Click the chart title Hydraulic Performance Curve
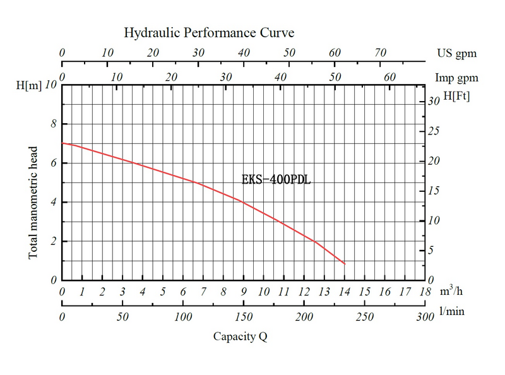click(x=209, y=32)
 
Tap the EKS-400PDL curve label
click(x=276, y=179)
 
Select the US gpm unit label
click(x=458, y=54)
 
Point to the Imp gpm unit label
click(x=456, y=78)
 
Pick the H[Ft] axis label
click(x=456, y=97)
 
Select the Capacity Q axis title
click(x=239, y=336)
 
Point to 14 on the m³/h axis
click(x=345, y=292)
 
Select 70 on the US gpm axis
click(x=380, y=54)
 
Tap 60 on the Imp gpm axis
click(x=390, y=78)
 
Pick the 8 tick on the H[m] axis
click(x=53, y=124)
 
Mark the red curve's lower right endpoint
click(x=345, y=264)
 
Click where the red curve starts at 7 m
click(x=62, y=143)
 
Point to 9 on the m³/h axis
click(x=244, y=292)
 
